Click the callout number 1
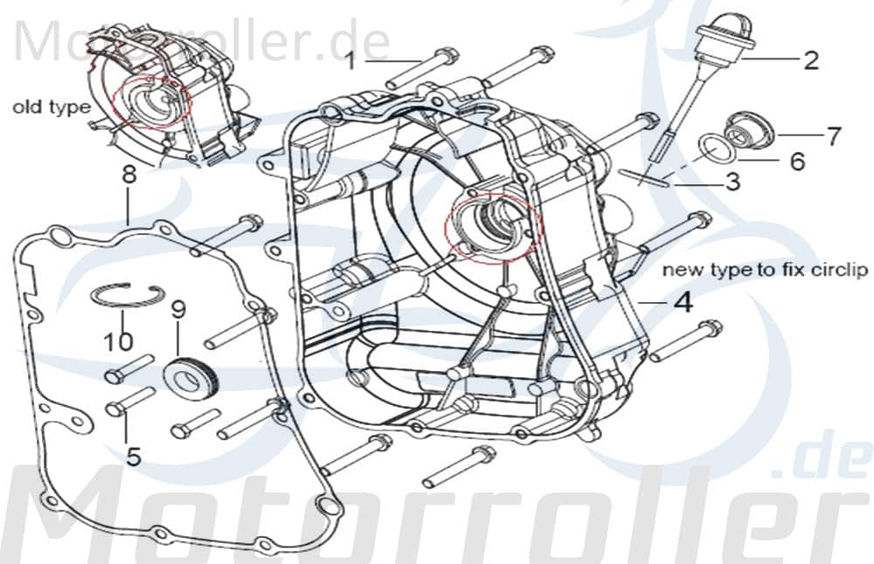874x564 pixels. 350,60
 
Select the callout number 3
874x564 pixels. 732,182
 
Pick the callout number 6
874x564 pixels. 796,162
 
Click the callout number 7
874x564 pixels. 833,136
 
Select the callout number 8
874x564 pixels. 129,175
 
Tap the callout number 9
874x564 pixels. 178,309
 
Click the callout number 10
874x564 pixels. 121,340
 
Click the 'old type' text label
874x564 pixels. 52,107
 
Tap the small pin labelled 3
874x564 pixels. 647,176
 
